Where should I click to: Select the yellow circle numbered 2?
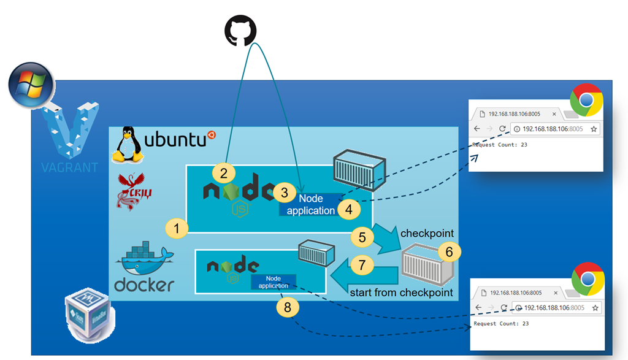pos(223,172)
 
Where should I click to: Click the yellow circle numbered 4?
pos(348,209)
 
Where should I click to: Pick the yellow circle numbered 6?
pos(448,251)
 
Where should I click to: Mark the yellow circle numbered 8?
pos(288,306)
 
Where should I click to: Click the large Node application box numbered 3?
pos(311,204)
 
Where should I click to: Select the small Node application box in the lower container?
pos(273,282)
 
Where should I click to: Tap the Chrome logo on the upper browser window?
pos(586,100)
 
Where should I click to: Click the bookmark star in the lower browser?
pos(594,307)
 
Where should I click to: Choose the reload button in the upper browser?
pos(502,129)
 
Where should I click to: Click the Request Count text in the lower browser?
pos(501,323)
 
